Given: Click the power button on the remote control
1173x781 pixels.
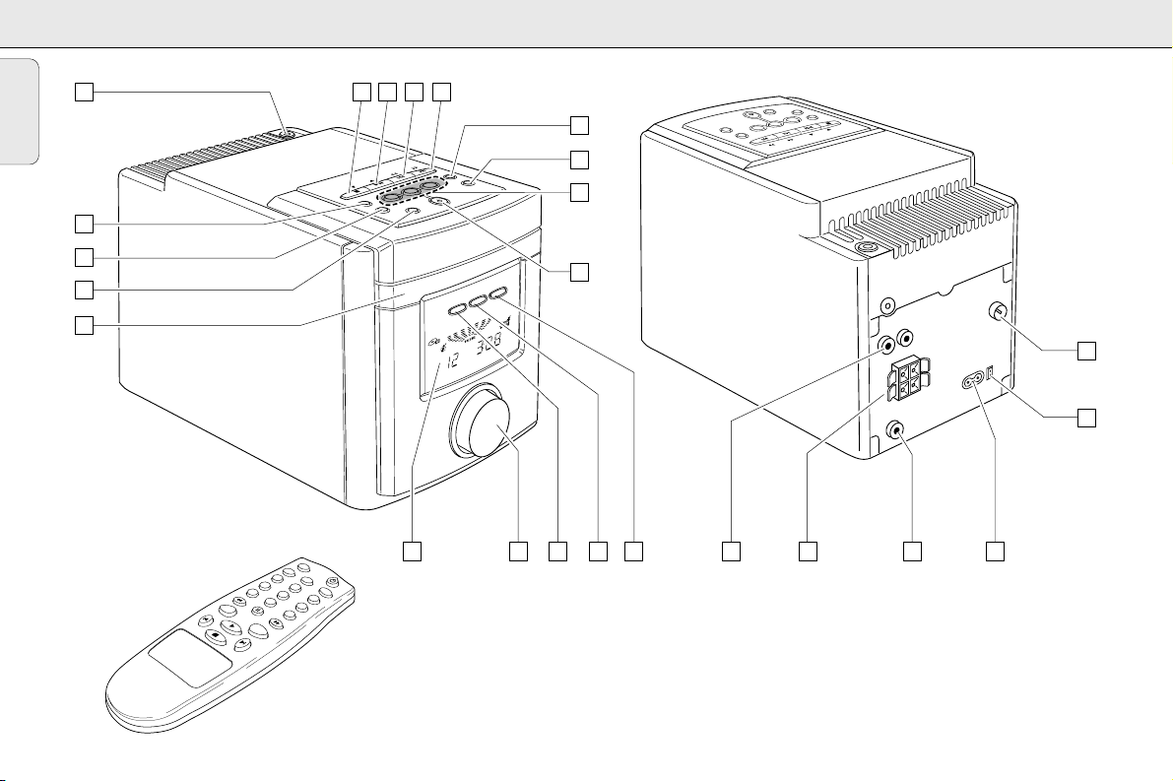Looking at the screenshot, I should point(333,581).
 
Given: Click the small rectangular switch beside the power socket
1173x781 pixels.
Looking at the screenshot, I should point(991,374).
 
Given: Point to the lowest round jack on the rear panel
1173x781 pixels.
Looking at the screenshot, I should point(896,429).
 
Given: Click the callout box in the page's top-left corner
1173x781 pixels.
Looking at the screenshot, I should point(85,93).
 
